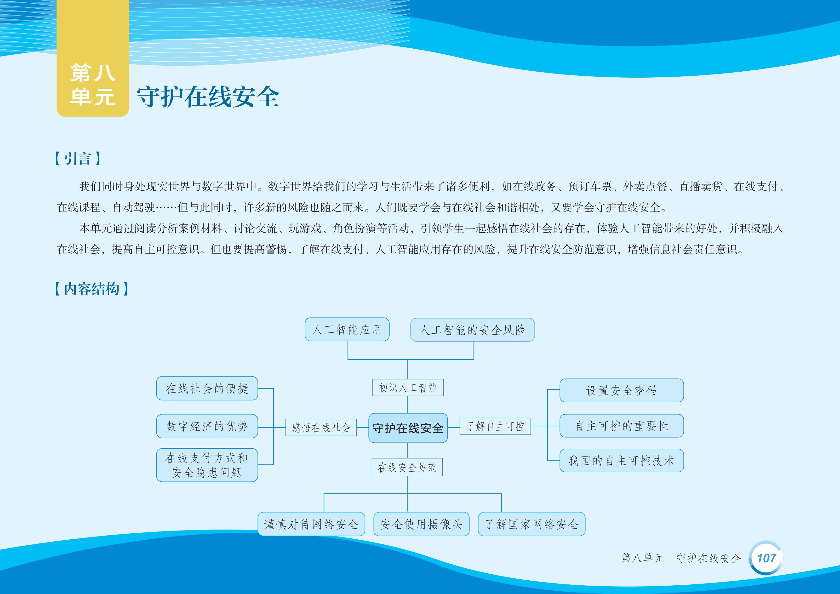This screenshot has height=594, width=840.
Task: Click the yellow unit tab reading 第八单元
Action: tap(92, 58)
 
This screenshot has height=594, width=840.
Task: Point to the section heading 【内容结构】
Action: tap(91, 289)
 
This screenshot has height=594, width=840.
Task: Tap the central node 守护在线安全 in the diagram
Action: tap(408, 428)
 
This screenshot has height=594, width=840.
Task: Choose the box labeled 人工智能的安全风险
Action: tap(472, 330)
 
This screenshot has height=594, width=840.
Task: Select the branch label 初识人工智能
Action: tap(408, 388)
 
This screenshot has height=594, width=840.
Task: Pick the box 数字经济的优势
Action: tap(207, 426)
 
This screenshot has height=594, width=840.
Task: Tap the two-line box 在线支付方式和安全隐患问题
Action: tap(207, 465)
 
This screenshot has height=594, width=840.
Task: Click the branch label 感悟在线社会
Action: tap(321, 428)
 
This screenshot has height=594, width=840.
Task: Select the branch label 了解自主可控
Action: tap(495, 426)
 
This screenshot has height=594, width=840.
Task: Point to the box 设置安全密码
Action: tap(622, 390)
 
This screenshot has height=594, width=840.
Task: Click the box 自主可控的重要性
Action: tap(622, 426)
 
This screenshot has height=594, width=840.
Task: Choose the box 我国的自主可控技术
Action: tap(622, 461)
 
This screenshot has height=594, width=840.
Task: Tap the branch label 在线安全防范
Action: tap(407, 467)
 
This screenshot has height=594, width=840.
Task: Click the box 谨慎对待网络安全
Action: tap(311, 524)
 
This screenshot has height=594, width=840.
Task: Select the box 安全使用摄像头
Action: tap(422, 524)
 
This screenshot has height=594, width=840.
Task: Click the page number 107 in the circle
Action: tap(766, 558)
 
